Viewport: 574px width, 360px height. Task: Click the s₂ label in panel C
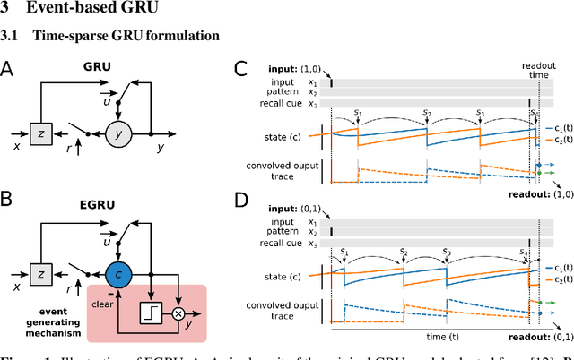[x=425, y=112]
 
